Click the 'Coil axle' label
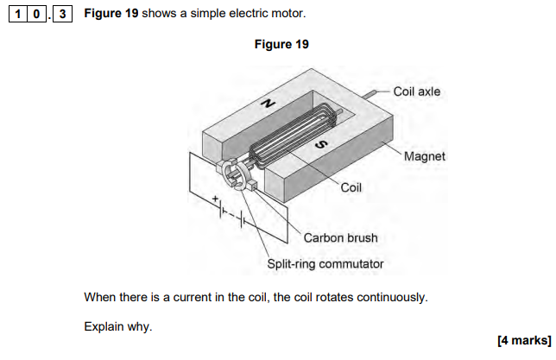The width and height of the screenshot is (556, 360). point(417,91)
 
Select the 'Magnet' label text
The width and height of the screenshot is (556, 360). point(425,156)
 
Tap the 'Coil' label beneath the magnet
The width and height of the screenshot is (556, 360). point(351,186)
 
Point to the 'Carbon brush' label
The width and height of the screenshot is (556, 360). point(340,237)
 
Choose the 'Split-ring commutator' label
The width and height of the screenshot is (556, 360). point(325,264)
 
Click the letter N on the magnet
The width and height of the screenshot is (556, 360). point(269,103)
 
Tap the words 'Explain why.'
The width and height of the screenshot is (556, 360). point(118,327)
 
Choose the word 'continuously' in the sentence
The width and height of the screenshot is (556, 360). point(391,297)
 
